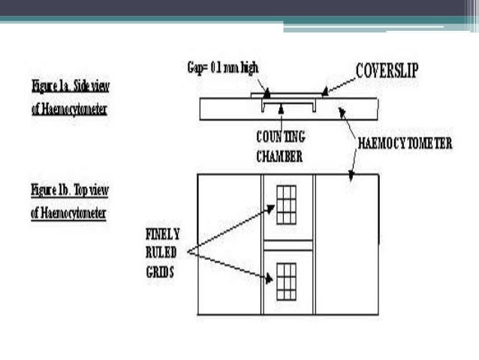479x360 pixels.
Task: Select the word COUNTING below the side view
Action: click(280, 138)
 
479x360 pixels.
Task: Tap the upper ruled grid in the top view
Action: click(286, 205)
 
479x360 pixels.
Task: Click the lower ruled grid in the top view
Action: click(286, 280)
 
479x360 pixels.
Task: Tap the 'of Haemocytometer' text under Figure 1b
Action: click(68, 213)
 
